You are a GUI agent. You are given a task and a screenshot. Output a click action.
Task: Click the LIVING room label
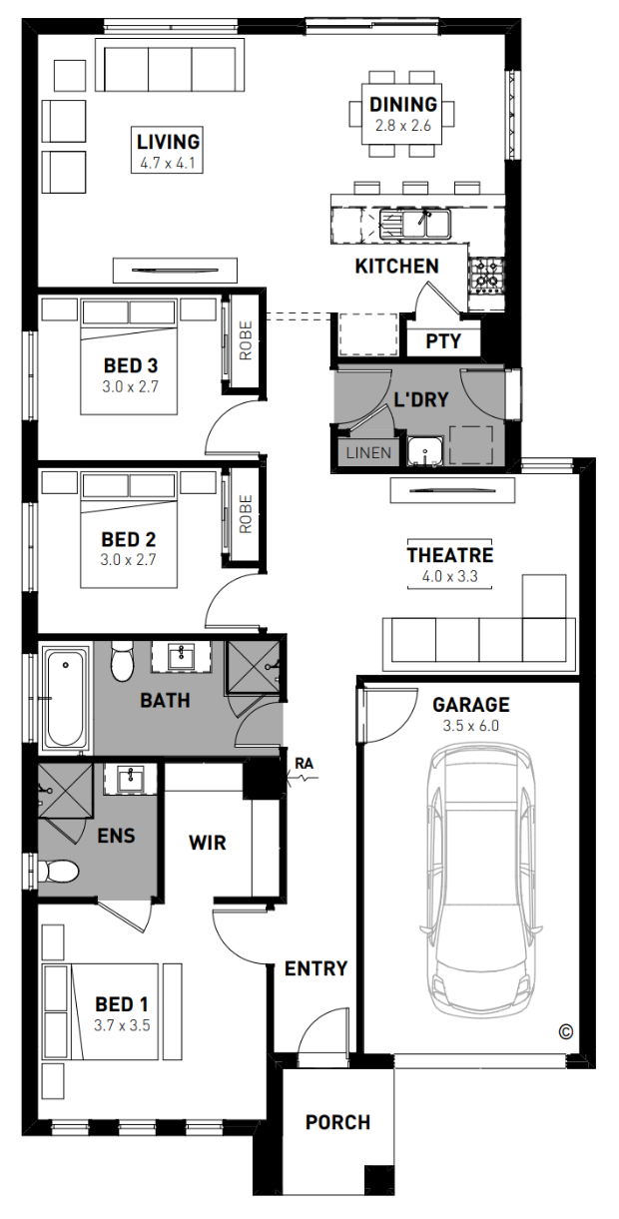coord(168,142)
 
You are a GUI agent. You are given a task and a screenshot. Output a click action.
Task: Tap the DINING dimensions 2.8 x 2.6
coord(403,126)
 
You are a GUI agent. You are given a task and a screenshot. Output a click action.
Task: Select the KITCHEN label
coord(397,267)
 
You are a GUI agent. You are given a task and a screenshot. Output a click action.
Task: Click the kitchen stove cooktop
coord(486,274)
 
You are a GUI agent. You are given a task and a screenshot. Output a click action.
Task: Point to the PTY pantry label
coord(443,341)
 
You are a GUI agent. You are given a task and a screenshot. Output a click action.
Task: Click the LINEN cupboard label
coord(368,453)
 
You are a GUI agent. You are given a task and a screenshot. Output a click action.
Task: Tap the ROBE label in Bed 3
coord(246,340)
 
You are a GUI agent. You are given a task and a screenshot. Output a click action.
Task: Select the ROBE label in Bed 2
coord(246,514)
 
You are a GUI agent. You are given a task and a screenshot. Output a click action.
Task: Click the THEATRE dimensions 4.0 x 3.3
coord(449,576)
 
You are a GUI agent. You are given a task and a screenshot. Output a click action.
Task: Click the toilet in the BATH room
coord(122,661)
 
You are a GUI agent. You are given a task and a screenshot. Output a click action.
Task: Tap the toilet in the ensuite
coord(58,871)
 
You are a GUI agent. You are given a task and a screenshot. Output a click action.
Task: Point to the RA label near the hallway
coord(304,764)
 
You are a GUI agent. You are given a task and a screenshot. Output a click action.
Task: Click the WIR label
coord(207,843)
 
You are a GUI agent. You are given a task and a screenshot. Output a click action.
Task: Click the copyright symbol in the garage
coord(566,1031)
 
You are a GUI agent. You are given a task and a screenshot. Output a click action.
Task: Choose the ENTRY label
coord(315,968)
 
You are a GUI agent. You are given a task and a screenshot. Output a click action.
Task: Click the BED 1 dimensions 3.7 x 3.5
coord(122,1025)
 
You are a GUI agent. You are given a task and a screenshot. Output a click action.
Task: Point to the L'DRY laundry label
coord(421,400)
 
